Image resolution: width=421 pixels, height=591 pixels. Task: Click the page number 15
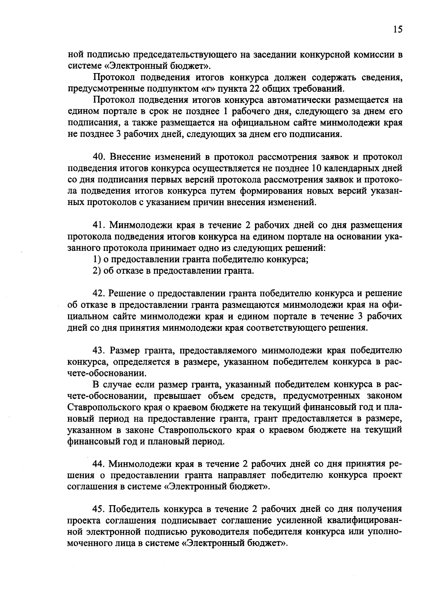point(397,30)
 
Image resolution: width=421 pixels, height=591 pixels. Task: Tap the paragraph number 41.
point(99,225)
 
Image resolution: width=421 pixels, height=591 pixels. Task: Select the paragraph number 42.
point(99,293)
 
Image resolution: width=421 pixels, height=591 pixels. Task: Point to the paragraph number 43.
point(99,350)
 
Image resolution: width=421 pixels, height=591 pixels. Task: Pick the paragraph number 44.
point(99,464)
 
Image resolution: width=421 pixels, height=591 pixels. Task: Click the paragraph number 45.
point(99,509)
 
